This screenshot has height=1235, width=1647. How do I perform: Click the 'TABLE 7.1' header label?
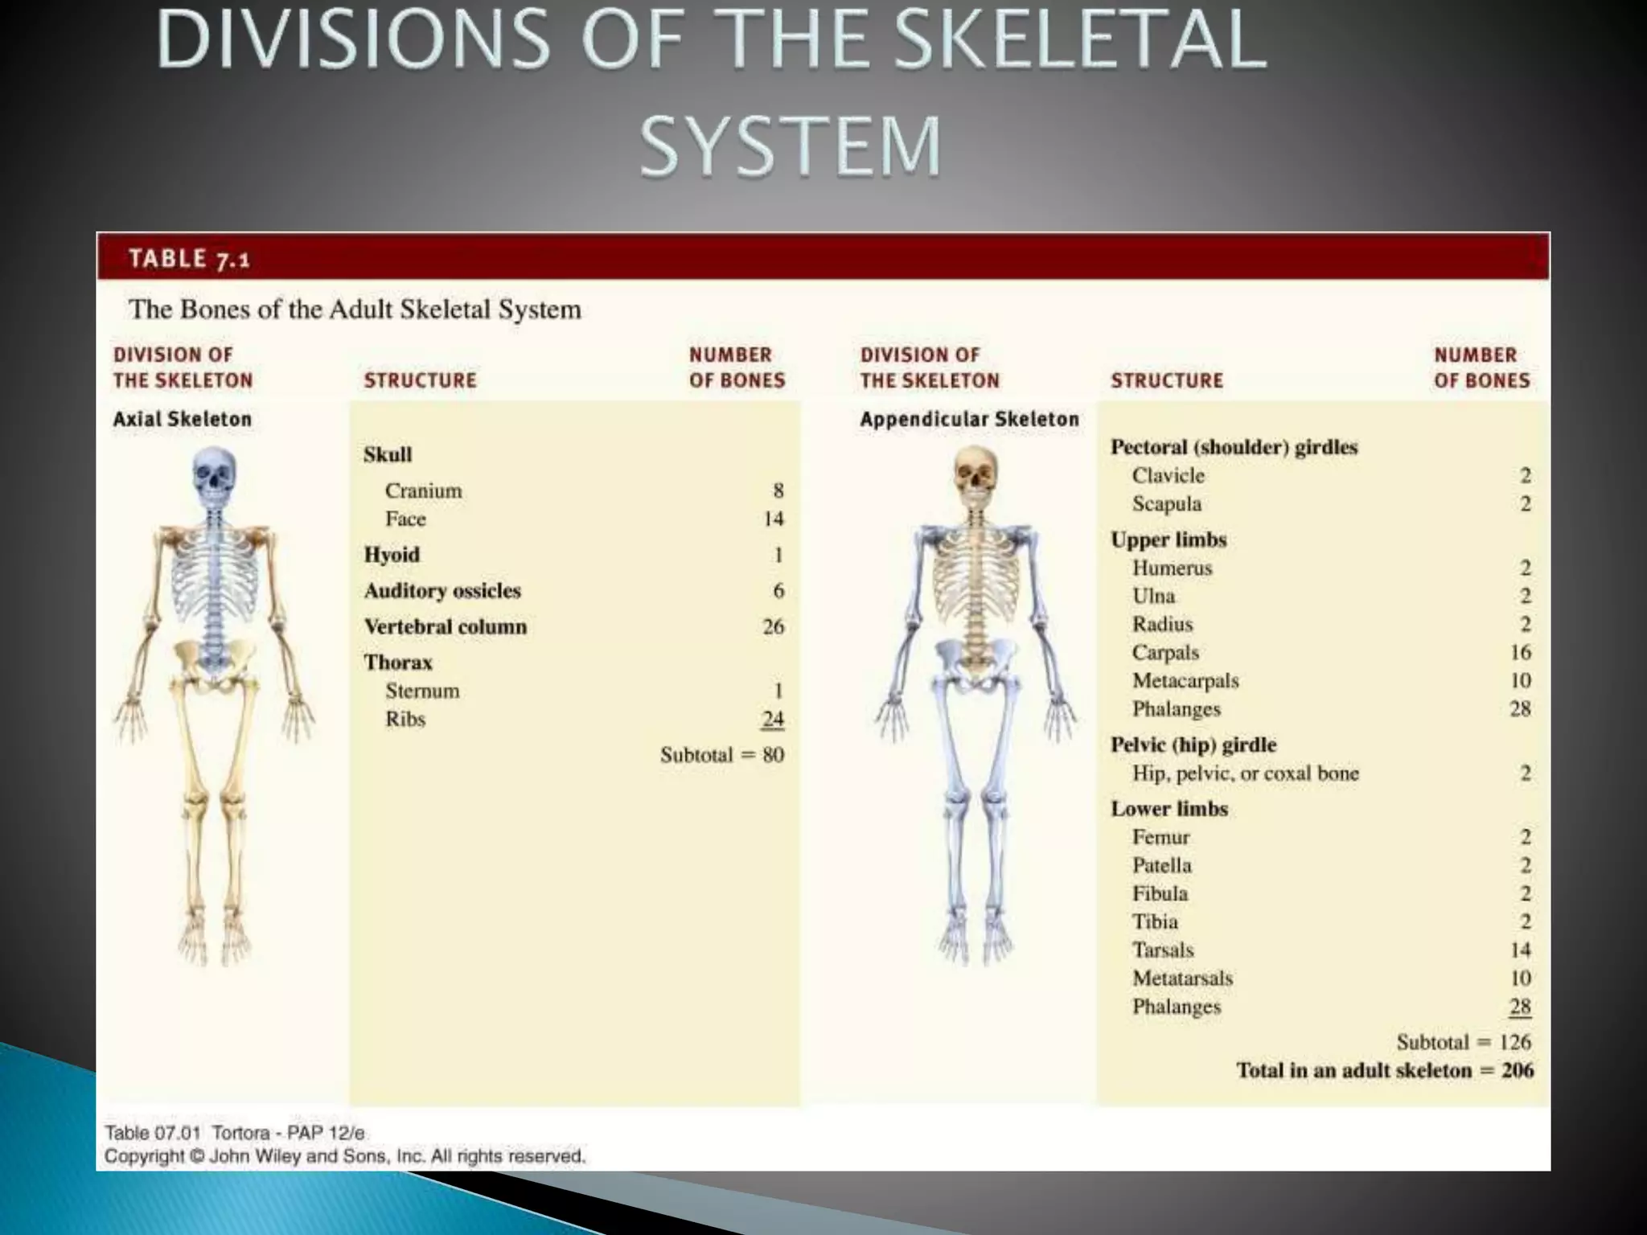[189, 259]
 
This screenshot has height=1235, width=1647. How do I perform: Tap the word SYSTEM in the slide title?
[790, 146]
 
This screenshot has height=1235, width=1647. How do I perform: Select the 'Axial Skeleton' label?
[182, 419]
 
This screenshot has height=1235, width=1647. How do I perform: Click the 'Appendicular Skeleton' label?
[969, 419]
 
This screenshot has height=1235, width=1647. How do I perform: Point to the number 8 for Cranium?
[778, 490]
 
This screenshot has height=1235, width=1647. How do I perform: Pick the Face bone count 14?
[773, 519]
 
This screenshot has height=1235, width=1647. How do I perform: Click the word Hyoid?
[392, 555]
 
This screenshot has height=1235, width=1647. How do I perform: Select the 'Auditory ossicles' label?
[442, 591]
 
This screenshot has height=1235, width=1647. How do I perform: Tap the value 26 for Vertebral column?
[773, 626]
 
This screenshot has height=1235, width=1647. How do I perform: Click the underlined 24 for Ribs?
[773, 719]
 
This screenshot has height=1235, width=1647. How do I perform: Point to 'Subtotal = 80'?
[721, 755]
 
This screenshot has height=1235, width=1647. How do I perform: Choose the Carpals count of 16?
[1520, 652]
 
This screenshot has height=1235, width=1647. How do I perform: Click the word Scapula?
[1166, 504]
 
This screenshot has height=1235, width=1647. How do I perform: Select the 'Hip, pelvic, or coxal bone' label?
[1245, 773]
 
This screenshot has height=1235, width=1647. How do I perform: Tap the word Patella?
[1161, 866]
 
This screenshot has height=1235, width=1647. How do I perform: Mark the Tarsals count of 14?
[1520, 950]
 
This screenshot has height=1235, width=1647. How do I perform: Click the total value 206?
[1518, 1071]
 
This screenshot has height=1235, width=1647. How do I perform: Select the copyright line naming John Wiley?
[344, 1156]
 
